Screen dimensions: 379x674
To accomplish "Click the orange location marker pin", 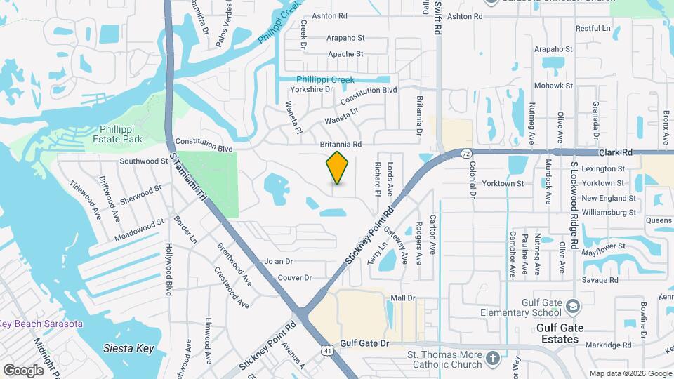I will pos(338,168).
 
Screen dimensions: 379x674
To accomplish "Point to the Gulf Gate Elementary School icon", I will pos(574,307).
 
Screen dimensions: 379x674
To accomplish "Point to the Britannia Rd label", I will pos(341,144).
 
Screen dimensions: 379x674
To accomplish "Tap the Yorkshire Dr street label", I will pos(310,90).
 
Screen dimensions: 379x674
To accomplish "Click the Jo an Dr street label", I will pos(278,261).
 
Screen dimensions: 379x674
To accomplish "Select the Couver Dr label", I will pos(294,278).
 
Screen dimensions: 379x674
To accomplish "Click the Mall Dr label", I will pos(403,298).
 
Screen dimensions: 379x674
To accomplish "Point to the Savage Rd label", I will pos(604,280).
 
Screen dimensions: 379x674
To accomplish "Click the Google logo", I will pos(23,370).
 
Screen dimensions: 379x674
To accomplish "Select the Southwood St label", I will pos(144,161).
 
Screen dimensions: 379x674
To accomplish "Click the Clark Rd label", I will pos(617,152).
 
